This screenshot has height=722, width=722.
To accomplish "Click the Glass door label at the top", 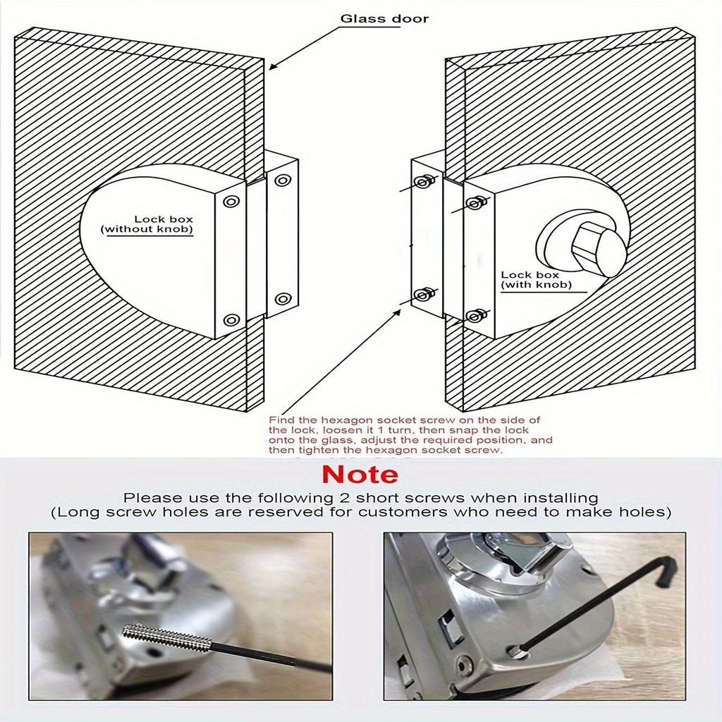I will pos(384,18).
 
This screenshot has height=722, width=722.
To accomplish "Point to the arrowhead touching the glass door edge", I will pos(271,67).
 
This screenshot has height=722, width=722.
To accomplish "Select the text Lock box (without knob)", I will pos(149,225).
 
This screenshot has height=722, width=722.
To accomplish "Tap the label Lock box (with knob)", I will pos(534,280).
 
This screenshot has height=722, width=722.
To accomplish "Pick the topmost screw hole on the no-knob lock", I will pos(283,180).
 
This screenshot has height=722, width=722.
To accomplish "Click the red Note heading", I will pos(360,474).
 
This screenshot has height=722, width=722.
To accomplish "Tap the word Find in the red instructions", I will pos(279,419).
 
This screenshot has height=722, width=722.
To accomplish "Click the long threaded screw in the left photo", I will pos(166,637).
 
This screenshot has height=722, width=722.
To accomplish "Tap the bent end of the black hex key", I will pos(664,570).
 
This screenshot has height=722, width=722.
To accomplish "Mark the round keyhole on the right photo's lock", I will pos(465,664).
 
